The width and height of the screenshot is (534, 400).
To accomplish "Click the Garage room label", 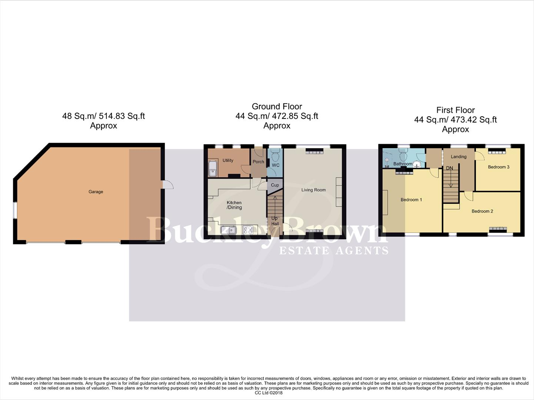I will pyautogui.click(x=96, y=192).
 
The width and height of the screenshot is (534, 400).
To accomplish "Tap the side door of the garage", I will pyautogui.click(x=168, y=184).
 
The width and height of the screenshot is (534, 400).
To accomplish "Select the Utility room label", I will pyautogui.click(x=228, y=160).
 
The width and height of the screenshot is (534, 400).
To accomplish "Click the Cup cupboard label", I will pyautogui.click(x=275, y=185).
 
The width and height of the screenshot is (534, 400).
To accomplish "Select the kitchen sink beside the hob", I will pyautogui.click(x=229, y=230).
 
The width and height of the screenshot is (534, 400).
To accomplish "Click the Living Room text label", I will pyautogui.click(x=314, y=190).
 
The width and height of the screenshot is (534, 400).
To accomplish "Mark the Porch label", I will pyautogui.click(x=258, y=162).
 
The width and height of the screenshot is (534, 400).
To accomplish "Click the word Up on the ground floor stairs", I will pyautogui.click(x=274, y=218).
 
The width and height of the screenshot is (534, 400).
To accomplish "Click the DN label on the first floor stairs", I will pyautogui.click(x=450, y=168).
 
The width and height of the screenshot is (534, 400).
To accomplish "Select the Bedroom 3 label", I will pyautogui.click(x=498, y=167).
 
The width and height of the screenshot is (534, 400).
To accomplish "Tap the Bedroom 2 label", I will pyautogui.click(x=482, y=211).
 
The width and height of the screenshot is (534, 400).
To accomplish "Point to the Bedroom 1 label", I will pyautogui.click(x=411, y=200).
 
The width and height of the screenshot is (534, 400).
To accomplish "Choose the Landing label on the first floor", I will pyautogui.click(x=458, y=157).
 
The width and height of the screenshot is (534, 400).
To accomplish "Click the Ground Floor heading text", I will pyautogui.click(x=277, y=107).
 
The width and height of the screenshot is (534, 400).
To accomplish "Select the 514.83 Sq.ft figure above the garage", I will pyautogui.click(x=121, y=116).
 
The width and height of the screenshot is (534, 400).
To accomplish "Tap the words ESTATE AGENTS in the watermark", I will pyautogui.click(x=334, y=251).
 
